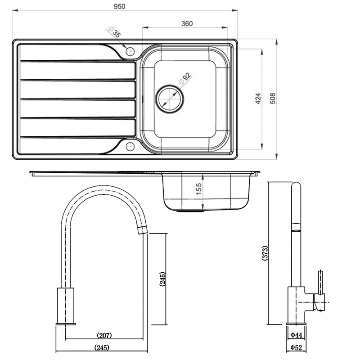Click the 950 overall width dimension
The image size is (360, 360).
click(119, 6)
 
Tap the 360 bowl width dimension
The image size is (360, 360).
click(187, 23)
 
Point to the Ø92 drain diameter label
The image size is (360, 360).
click(185, 79)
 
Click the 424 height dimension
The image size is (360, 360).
click(258, 99)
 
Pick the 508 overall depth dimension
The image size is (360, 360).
click(272, 99)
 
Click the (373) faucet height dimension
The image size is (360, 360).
click(265, 254)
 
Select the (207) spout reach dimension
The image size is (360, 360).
click(104, 335)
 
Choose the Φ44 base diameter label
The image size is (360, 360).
click(296, 335)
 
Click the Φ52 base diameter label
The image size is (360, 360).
click(296, 347)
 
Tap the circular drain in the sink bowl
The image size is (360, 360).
click(170, 97)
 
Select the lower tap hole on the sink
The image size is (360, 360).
click(130, 146)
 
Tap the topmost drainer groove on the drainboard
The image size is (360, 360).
click(76, 52)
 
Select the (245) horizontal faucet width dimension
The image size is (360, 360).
click(102, 348)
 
